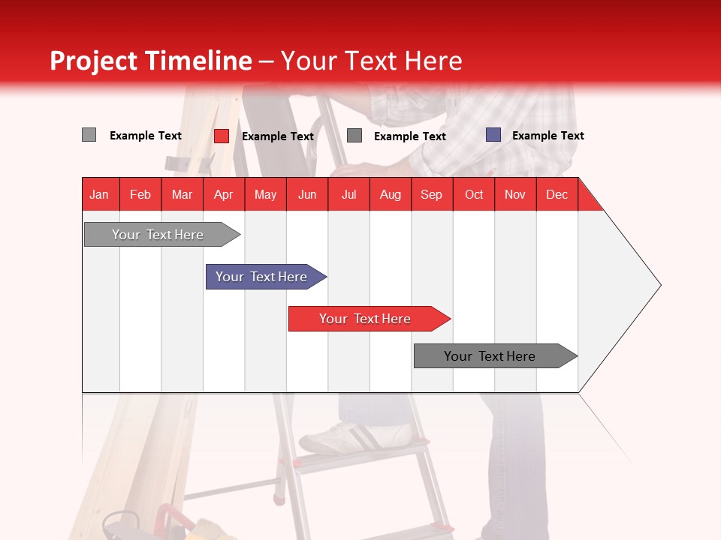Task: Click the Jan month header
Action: tap(99, 194)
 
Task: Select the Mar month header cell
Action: tap(182, 194)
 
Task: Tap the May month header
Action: tap(265, 194)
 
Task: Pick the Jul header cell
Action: tap(348, 194)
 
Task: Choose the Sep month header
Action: tap(431, 194)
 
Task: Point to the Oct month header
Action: tap(473, 194)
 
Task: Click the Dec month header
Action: tap(557, 194)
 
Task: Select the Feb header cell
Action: tap(140, 194)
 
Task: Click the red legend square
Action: tap(221, 136)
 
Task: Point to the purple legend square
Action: tap(493, 135)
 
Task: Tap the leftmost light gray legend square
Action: tap(89, 135)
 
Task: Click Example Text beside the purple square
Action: tap(548, 136)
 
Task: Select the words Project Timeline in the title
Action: tap(150, 61)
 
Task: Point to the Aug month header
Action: tap(390, 194)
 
